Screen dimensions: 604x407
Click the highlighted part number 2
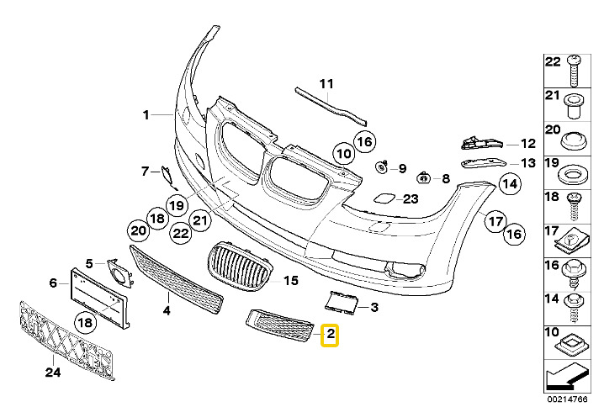330,336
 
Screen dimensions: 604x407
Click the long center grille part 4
176,279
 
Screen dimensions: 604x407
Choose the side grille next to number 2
280,325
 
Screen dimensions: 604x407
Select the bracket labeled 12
482,142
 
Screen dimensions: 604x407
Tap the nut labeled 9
381,167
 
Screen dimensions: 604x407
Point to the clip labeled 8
423,178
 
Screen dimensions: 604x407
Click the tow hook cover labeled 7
169,177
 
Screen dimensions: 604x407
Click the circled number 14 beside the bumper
510,183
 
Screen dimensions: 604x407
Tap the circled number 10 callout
344,154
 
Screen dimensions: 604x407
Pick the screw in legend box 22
574,71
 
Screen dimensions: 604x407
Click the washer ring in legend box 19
573,175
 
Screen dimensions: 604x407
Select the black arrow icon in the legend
567,378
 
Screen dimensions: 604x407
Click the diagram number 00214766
568,399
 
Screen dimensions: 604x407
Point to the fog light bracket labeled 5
119,273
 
